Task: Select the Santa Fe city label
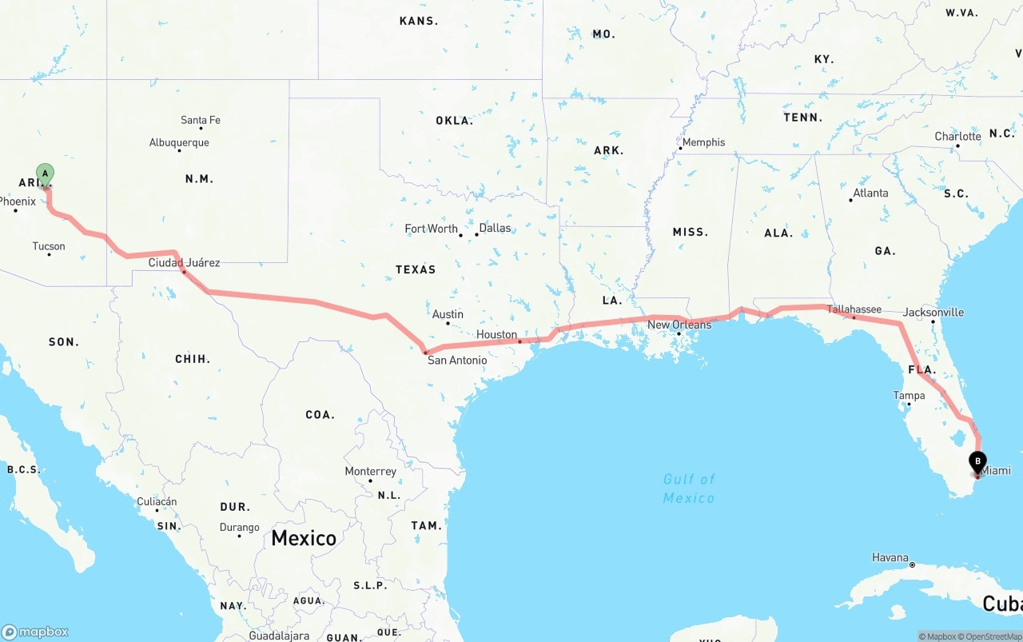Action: click(200, 120)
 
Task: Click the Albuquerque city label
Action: click(179, 142)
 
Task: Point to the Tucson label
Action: click(49, 246)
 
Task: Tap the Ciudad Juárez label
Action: click(184, 262)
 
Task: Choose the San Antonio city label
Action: click(457, 360)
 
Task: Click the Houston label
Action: click(496, 334)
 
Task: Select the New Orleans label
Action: click(679, 325)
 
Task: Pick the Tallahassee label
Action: click(854, 309)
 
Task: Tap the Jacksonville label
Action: click(933, 312)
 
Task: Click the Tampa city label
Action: click(909, 396)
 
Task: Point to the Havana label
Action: click(890, 557)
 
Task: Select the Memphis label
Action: click(703, 142)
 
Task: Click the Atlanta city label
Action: click(870, 193)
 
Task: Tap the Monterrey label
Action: click(370, 472)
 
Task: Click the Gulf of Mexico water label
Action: click(689, 488)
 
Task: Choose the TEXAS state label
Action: click(416, 269)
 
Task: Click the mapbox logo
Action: click(35, 632)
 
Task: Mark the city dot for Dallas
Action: click(476, 234)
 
